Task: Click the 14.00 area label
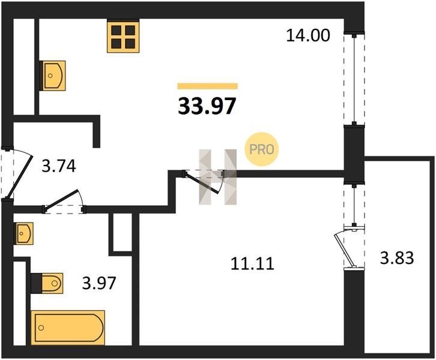point(308,35)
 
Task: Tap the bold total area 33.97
point(207,106)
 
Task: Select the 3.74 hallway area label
point(59,167)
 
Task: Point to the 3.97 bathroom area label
point(99,283)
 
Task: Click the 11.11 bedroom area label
point(252,263)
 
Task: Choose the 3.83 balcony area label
point(397,258)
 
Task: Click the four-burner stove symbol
point(123,37)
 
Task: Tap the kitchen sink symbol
point(53,76)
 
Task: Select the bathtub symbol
point(68,328)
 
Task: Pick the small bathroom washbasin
point(24,233)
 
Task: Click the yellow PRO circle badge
point(261,149)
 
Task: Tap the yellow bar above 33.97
point(208,86)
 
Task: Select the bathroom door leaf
point(61,199)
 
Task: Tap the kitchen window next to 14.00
point(354,79)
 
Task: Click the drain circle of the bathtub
point(41,328)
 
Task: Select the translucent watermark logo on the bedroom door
point(218,177)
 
